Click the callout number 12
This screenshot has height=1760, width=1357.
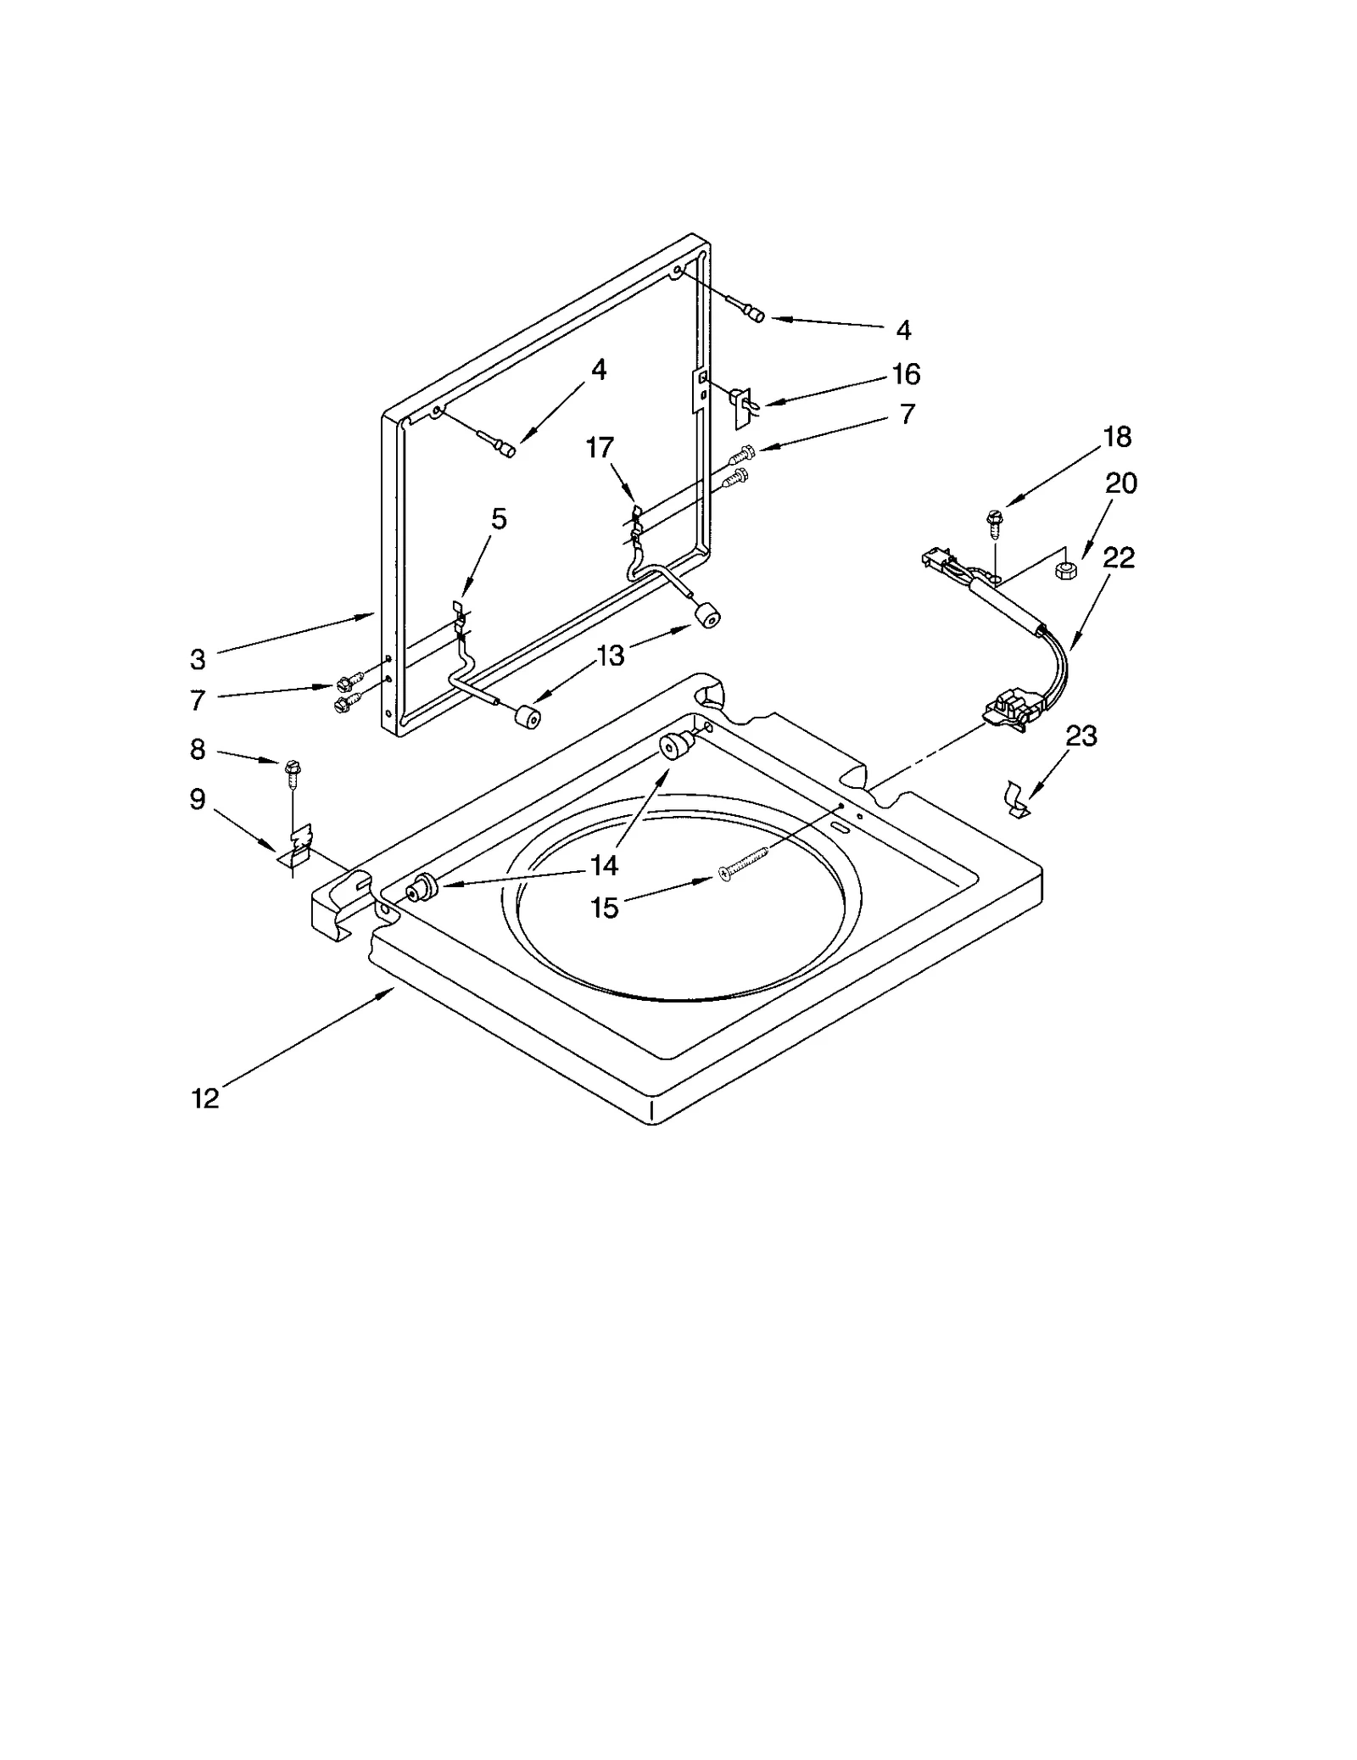tap(205, 1098)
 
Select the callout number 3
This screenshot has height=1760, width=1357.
tap(197, 659)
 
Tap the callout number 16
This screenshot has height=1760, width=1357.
tap(906, 373)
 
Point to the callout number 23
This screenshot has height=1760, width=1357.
tap(1081, 735)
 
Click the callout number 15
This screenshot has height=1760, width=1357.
tap(604, 908)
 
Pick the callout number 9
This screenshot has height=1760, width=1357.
tap(197, 798)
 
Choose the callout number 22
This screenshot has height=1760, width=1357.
tap(1119, 557)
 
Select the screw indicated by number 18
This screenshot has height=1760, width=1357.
tap(994, 522)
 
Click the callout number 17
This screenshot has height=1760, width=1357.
tap(600, 447)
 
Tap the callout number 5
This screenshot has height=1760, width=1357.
tap(499, 518)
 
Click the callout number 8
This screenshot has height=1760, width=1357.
tap(197, 749)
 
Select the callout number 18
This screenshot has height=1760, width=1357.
tap(1117, 437)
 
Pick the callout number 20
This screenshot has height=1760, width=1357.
tap(1120, 483)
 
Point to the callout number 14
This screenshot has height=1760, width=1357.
tap(604, 865)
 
